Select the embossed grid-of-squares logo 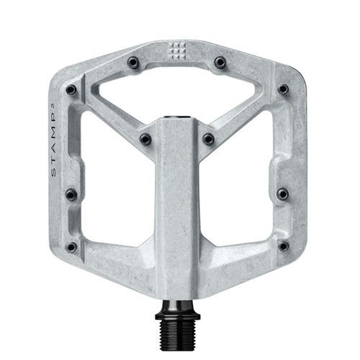(x=178, y=51)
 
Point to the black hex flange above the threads (x=178, y=316)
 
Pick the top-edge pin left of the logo (x=133, y=63)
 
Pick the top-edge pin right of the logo (x=220, y=63)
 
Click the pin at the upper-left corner (x=71, y=90)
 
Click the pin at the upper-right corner (x=283, y=89)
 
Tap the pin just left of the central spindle (x=145, y=139)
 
